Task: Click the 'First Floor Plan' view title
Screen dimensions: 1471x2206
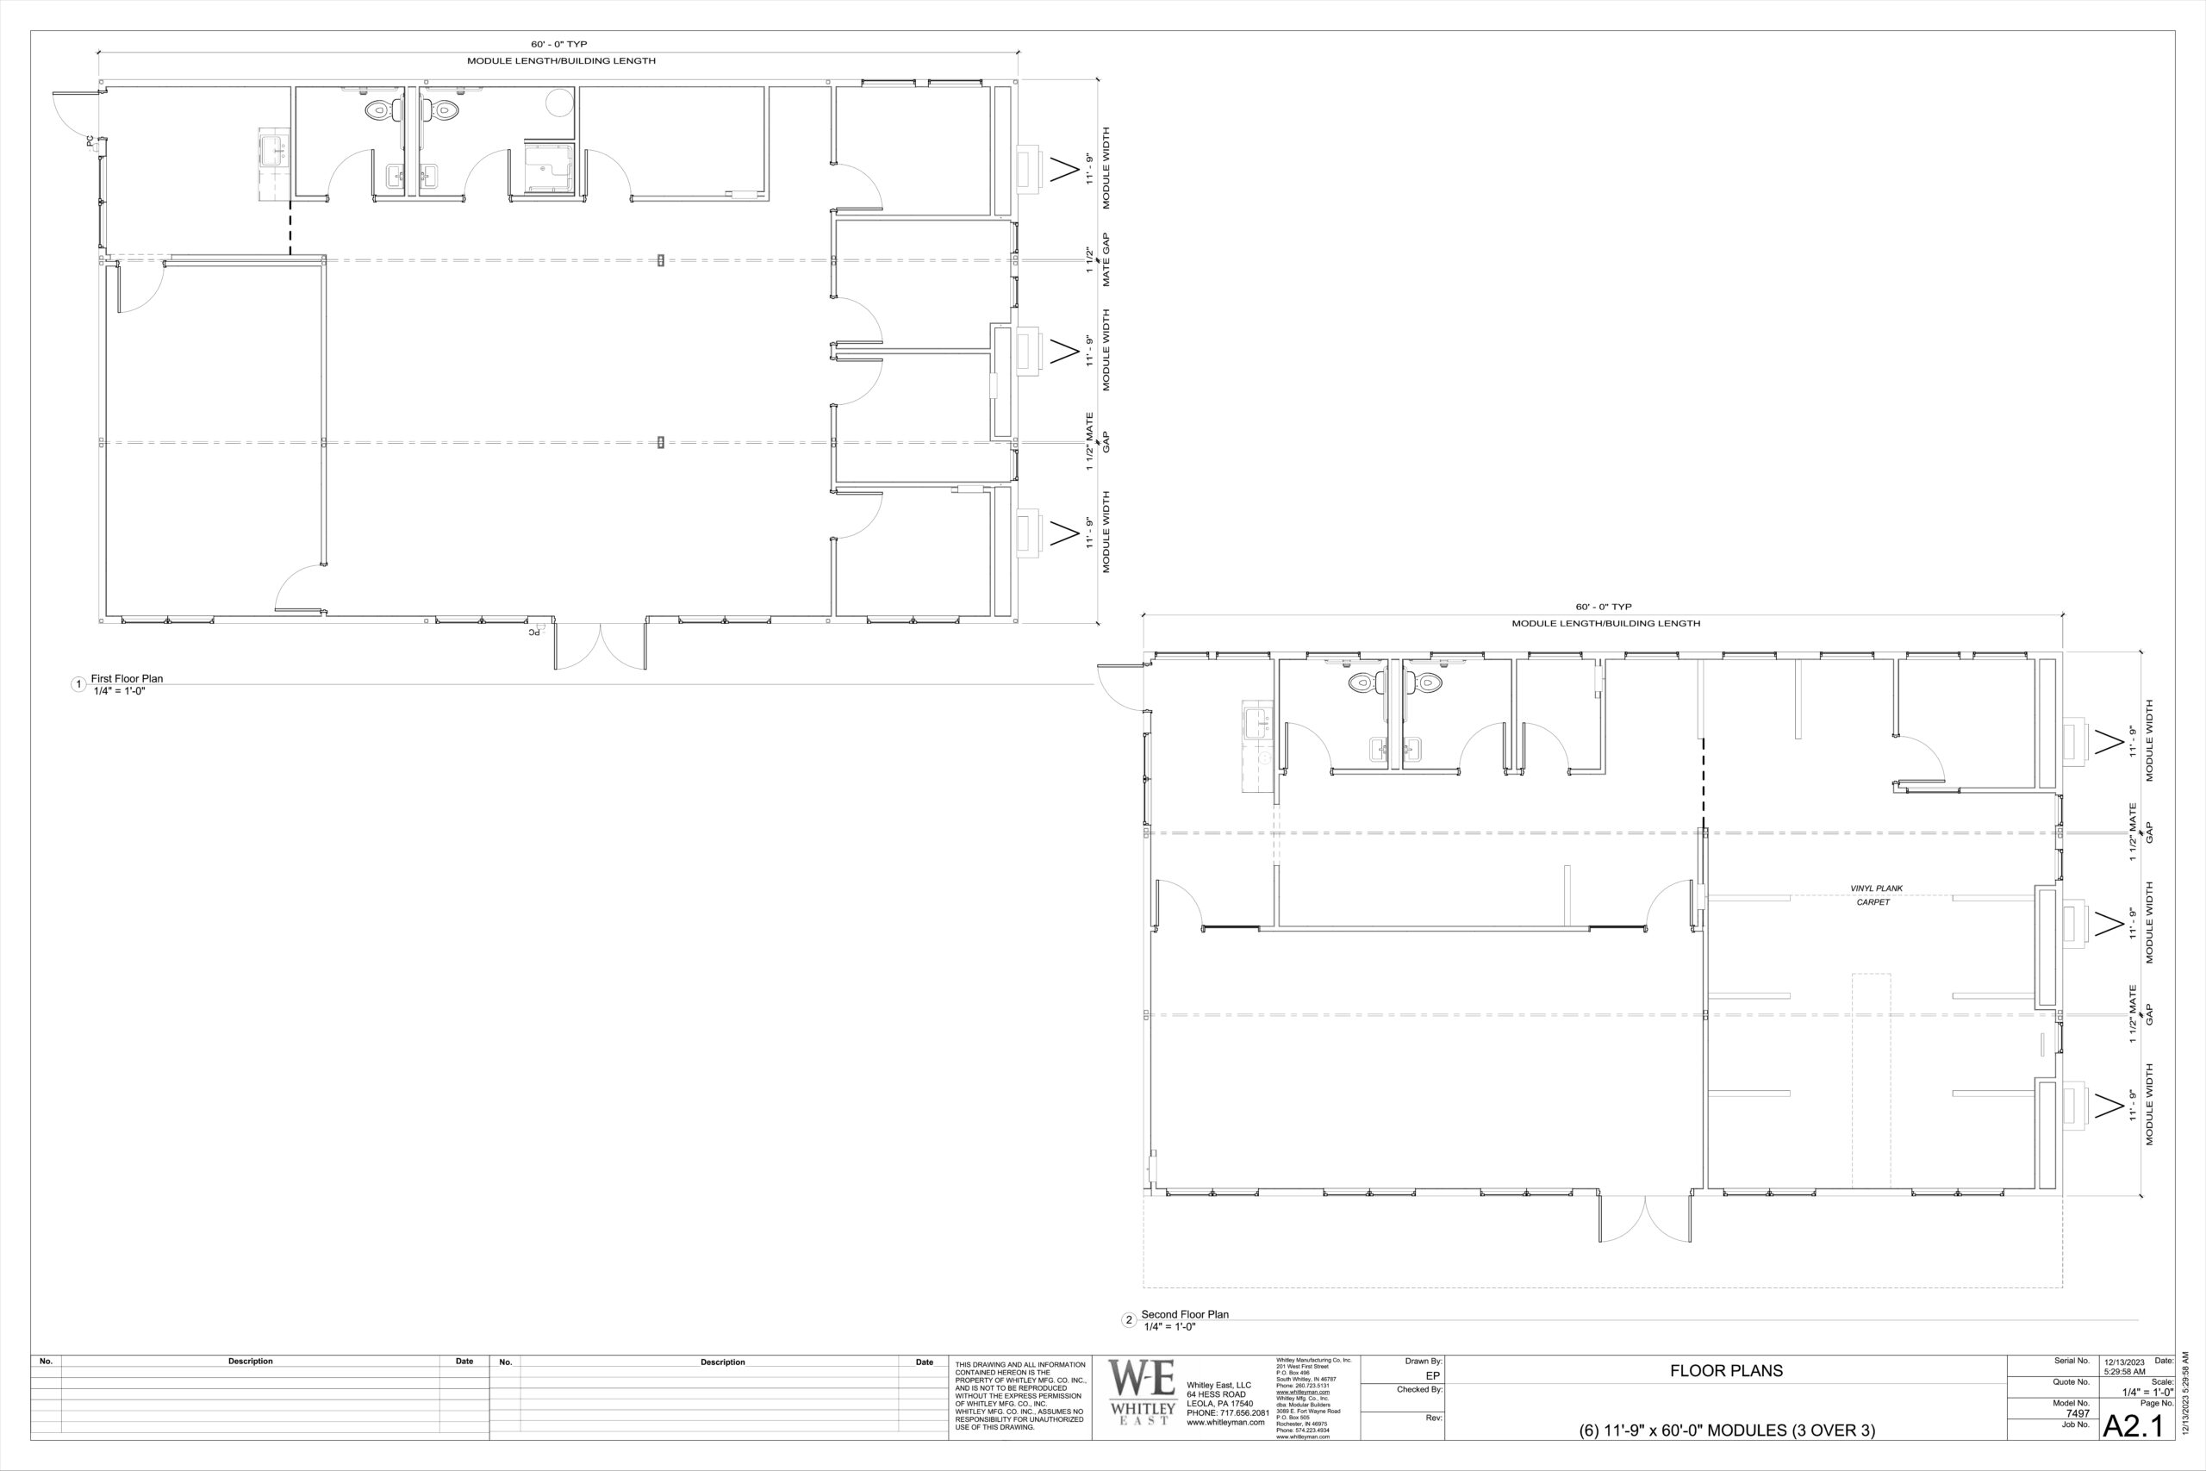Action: (127, 678)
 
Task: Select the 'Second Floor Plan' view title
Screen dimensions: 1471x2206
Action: (1184, 1314)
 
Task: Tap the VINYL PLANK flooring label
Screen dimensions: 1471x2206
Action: (1876, 888)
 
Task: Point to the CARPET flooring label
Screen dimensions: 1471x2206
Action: (1873, 902)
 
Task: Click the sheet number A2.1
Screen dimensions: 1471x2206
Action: (2133, 1426)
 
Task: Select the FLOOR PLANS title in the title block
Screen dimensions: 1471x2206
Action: (1726, 1371)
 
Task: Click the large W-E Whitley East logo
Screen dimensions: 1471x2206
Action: (1143, 1391)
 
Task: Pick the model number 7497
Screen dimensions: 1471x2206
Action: (2078, 1413)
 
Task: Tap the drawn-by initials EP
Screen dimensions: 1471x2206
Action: (1432, 1375)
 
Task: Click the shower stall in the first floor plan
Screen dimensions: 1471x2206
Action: (548, 168)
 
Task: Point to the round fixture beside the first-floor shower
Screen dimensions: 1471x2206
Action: (560, 103)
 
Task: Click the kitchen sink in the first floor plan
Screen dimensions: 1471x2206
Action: (275, 153)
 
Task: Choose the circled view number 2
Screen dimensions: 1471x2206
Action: (1129, 1321)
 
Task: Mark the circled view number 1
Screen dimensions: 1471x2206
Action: (78, 685)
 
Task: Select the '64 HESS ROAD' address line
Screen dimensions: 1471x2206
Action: (1217, 1394)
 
